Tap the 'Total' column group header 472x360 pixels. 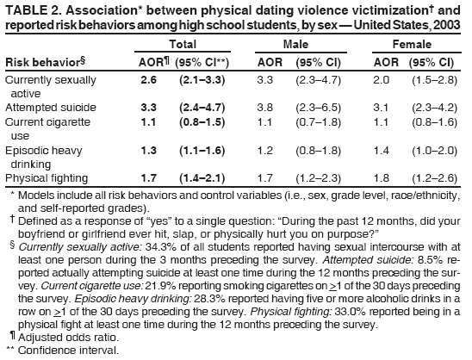pos(182,43)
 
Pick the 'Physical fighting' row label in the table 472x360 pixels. pos(46,178)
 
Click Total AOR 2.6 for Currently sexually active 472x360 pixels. pos(147,80)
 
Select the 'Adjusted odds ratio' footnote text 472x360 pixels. pos(63,338)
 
